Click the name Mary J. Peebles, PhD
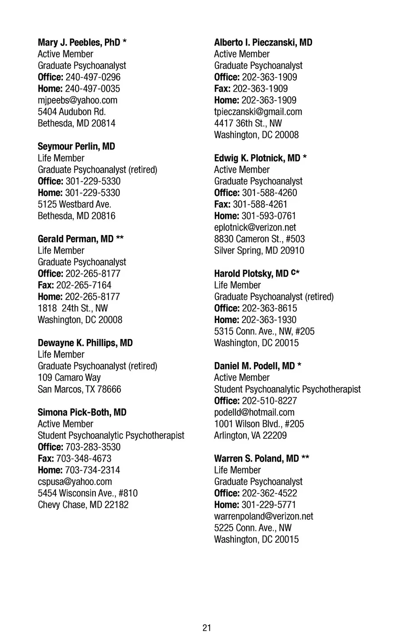pos(78,42)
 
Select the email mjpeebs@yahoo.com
pos(77,100)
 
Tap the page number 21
pos(207,627)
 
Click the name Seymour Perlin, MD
pos(76,147)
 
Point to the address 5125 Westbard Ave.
pos(74,204)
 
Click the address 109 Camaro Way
pos(69,378)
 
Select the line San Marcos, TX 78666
pos(79,389)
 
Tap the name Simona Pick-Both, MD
pos(82,412)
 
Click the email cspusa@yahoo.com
pos(75,482)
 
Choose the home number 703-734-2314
pos(92,470)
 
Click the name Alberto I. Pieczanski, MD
pos(263,42)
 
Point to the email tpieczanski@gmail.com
pos(258,112)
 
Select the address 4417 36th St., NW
pos(248,124)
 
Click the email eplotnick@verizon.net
pos(255,228)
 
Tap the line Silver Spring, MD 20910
pos(259,251)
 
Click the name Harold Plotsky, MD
pos(251,274)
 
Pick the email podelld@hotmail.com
pos(254,412)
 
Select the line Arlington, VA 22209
pos(250,435)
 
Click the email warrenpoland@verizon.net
pos(263,516)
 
